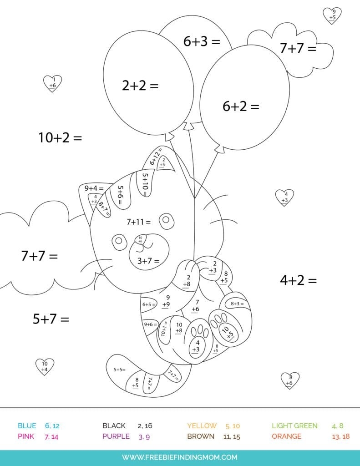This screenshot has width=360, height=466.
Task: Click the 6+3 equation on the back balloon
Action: coord(202,41)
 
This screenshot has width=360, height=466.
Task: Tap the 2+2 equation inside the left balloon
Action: coord(140,85)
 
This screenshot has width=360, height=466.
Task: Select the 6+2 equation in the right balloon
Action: coord(240,106)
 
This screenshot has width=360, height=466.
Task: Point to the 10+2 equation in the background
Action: coord(60,137)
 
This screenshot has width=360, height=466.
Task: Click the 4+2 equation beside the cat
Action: coord(298,280)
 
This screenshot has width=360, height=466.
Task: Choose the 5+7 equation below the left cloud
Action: coord(51,319)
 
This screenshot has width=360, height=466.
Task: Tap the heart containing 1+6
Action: coord(52,83)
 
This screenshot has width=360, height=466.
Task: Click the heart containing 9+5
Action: coord(332,15)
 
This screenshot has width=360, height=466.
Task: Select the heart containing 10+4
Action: coord(45,367)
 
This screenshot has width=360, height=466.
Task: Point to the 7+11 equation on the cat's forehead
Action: coord(138,222)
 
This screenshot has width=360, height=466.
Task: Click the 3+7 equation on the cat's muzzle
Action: coord(148,261)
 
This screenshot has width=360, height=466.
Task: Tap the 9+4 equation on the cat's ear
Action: coord(94,188)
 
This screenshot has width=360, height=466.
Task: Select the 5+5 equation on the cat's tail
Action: coord(119,370)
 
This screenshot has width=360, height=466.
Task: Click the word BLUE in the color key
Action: coord(27,426)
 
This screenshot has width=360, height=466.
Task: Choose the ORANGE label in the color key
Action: coord(286,436)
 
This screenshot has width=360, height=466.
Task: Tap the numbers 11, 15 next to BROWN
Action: coord(232,436)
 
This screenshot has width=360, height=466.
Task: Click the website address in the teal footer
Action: coord(180,457)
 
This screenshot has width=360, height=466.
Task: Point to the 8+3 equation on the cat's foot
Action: coord(237,304)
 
